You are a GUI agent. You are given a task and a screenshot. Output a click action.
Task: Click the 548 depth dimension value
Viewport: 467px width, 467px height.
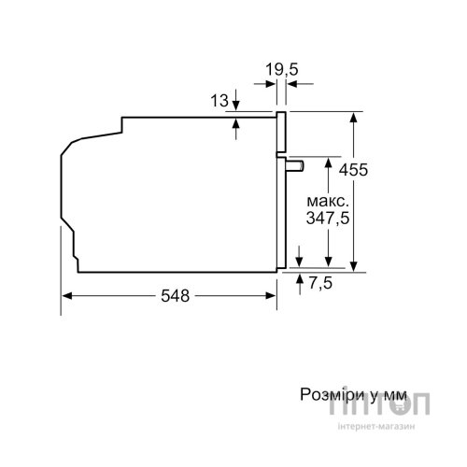(175, 295)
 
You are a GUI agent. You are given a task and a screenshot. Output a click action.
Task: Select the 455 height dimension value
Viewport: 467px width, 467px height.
(353, 170)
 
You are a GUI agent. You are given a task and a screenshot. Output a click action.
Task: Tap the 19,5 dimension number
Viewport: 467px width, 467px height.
(282, 69)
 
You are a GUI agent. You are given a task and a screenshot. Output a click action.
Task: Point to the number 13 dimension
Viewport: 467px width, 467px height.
(219, 101)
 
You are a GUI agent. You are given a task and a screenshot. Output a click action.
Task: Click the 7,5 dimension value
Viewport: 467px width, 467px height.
(320, 283)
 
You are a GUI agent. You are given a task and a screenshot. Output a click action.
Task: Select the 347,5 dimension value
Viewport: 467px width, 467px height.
(328, 218)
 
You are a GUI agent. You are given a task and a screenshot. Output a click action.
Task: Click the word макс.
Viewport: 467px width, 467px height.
(328, 202)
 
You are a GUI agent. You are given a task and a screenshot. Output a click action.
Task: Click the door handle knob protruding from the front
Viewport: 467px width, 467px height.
(294, 166)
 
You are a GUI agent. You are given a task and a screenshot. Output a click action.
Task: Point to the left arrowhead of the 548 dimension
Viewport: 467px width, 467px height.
(67, 295)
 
